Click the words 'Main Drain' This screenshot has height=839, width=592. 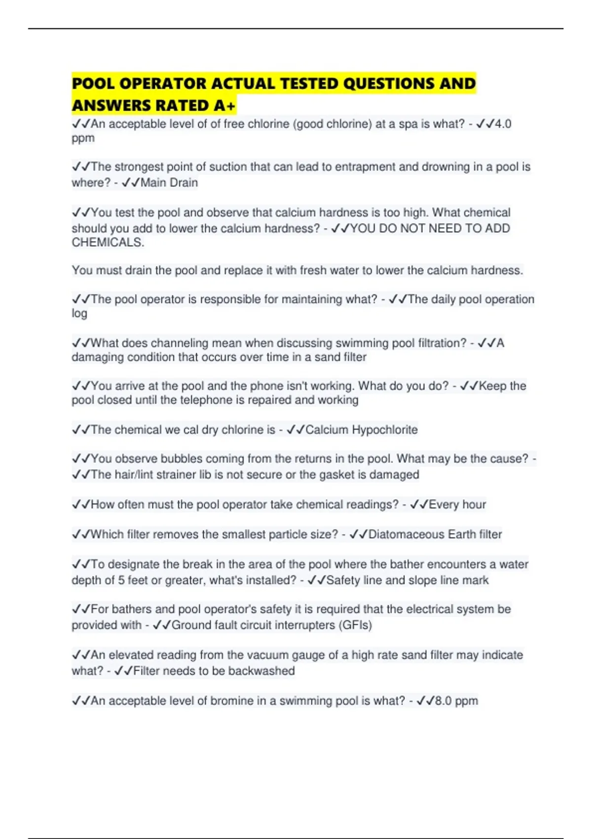(x=169, y=183)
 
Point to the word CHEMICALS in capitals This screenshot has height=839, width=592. (x=107, y=242)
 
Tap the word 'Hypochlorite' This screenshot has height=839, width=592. (x=384, y=430)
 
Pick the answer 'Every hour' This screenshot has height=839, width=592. (x=457, y=504)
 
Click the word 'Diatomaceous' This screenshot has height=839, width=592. (x=400, y=534)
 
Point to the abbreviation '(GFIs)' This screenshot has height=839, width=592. (x=355, y=625)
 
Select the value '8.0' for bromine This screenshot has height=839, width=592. (x=444, y=701)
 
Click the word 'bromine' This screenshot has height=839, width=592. (x=230, y=701)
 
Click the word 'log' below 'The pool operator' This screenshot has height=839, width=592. (x=79, y=314)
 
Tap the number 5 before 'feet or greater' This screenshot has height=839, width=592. (x=121, y=580)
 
